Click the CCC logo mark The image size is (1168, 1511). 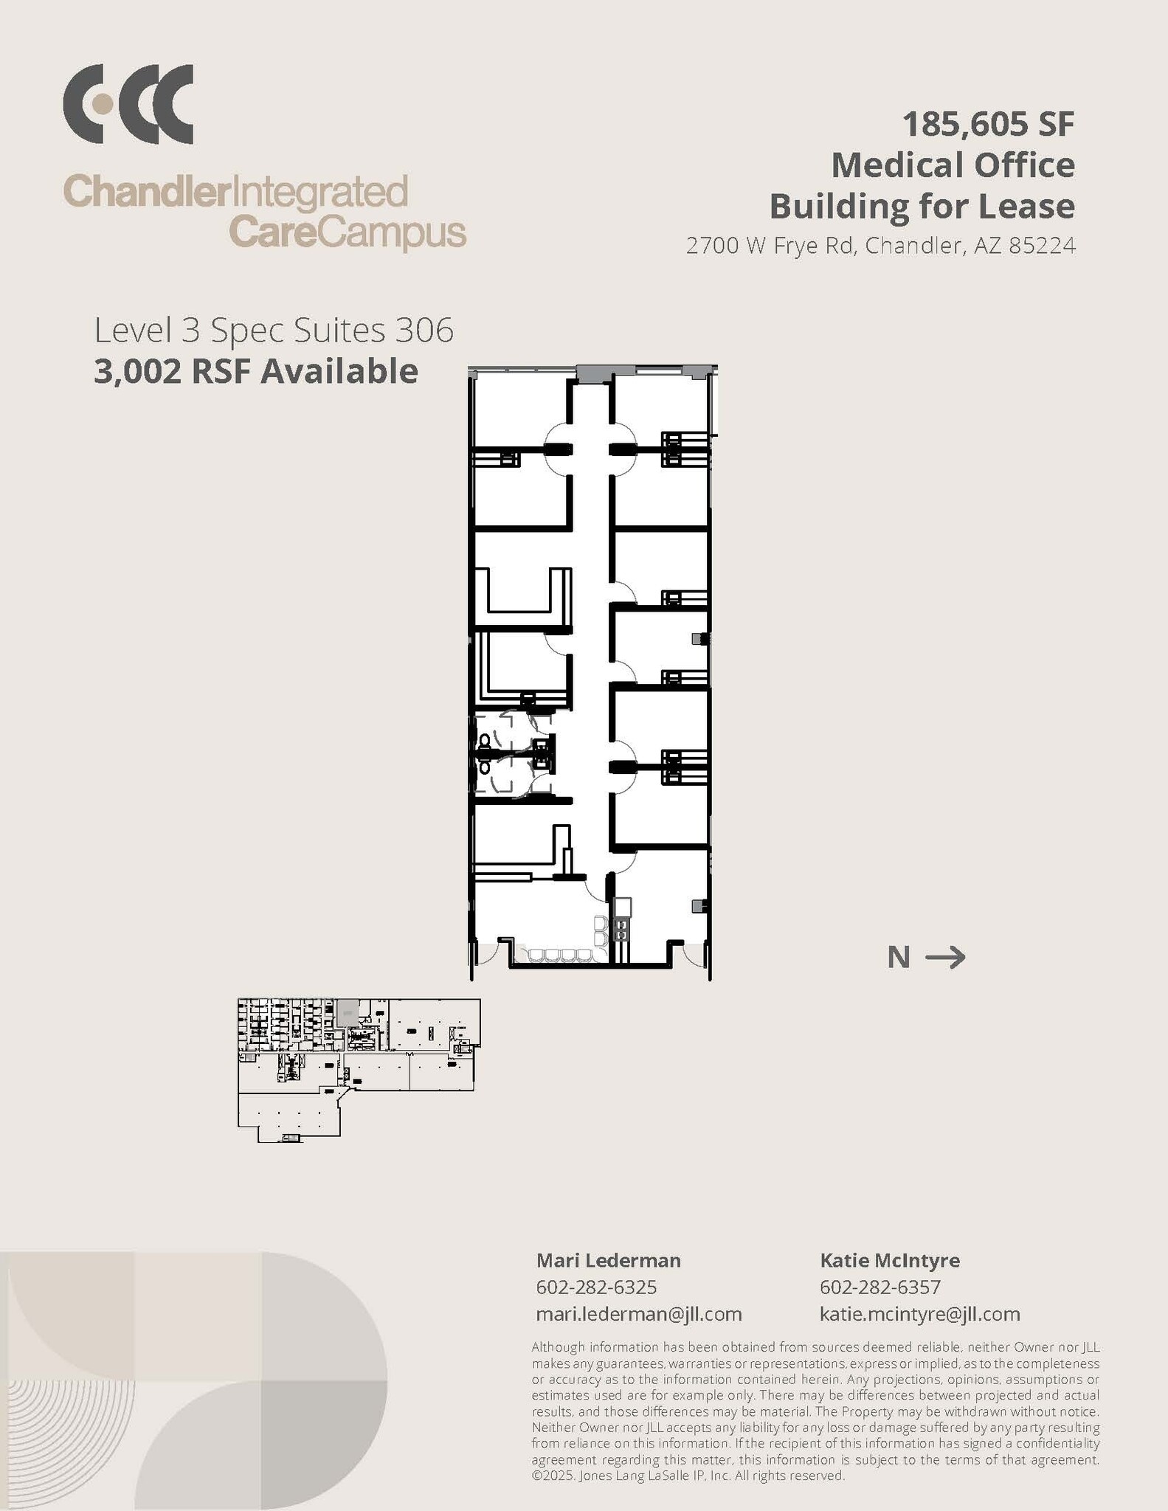128,104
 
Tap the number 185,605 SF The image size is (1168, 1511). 988,124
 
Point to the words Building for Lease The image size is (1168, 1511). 922,206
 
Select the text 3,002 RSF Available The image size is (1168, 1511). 255,371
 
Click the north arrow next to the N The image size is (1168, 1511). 945,958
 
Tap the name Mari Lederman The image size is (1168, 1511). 608,1260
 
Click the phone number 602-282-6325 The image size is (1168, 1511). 596,1287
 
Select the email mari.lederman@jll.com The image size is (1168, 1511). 638,1314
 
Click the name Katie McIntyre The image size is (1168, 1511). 889,1260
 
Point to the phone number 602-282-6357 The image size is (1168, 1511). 880,1287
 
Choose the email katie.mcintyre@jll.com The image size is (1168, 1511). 919,1314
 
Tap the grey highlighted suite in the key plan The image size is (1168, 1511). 345,1012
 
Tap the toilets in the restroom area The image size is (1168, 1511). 485,753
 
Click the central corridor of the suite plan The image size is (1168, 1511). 590,590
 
